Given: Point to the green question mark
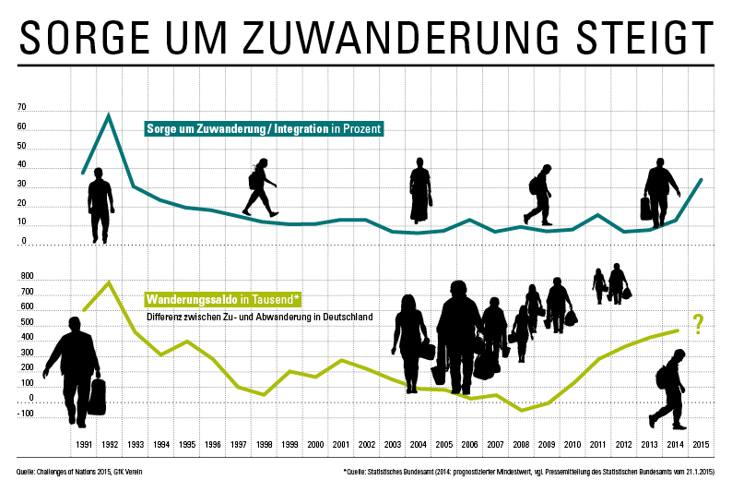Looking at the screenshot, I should tap(698, 323).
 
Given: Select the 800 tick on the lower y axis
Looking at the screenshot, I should tap(27, 277).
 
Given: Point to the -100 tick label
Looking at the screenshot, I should tap(25, 414).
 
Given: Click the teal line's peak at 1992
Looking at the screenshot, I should tap(109, 115).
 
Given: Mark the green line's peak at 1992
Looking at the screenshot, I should tap(109, 282).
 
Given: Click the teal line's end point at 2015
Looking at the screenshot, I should tap(702, 180).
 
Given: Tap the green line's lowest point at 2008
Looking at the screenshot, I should tap(521, 410).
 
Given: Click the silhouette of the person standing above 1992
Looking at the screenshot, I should tap(100, 205).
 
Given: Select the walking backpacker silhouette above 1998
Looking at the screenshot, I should tap(260, 187).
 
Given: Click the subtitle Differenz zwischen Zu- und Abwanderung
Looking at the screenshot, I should tap(258, 317).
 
